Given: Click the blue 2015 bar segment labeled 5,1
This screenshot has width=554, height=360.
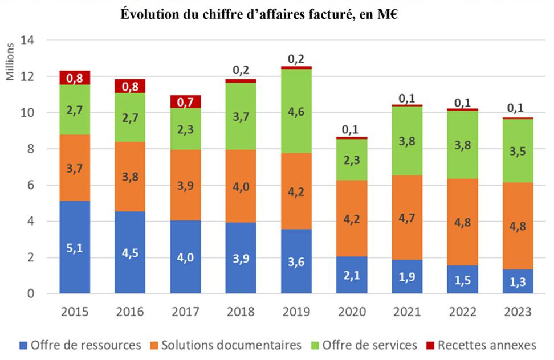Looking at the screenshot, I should [x=75, y=247].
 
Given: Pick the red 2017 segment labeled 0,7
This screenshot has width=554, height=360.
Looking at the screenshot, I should [x=185, y=102].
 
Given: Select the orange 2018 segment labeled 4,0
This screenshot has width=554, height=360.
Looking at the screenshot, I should [x=240, y=186].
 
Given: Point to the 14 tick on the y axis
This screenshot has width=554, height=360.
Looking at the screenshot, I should [x=28, y=40].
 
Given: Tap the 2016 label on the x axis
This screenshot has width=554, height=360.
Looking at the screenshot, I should [x=129, y=312].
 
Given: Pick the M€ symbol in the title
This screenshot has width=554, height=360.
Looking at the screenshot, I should [x=385, y=15].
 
